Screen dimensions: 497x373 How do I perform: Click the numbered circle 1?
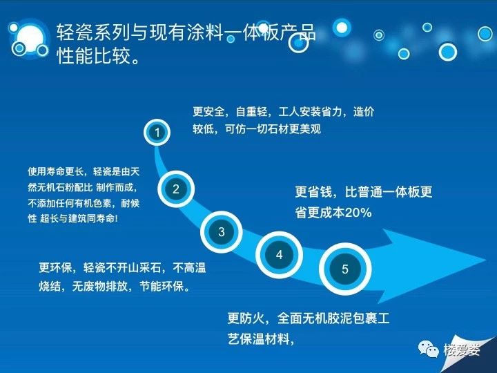(157, 132)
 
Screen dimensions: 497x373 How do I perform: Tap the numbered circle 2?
(176, 189)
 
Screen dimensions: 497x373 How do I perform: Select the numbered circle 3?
(222, 232)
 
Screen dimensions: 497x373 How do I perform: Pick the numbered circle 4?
(280, 255)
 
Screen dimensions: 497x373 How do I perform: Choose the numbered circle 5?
(345, 269)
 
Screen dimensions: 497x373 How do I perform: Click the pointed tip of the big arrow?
(486, 260)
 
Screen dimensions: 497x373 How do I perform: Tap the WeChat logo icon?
(428, 350)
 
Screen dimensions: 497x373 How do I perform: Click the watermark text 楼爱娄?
(462, 350)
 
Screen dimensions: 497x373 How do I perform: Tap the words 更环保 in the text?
(55, 268)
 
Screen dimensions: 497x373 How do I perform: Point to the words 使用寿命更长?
(55, 171)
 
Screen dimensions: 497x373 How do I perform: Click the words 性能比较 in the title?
(94, 56)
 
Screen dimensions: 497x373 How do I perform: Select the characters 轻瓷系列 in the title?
(93, 32)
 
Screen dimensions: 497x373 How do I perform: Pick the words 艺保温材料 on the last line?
(259, 338)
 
